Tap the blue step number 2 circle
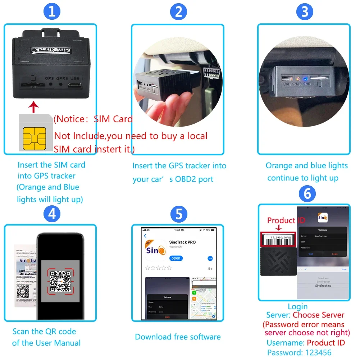click(178, 12)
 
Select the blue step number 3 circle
click(305, 12)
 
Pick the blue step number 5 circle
click(178, 214)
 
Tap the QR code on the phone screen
click(60, 281)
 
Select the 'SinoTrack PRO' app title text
click(182, 242)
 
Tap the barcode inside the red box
click(277, 240)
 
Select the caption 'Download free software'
click(178, 337)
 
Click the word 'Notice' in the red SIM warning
click(70, 119)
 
